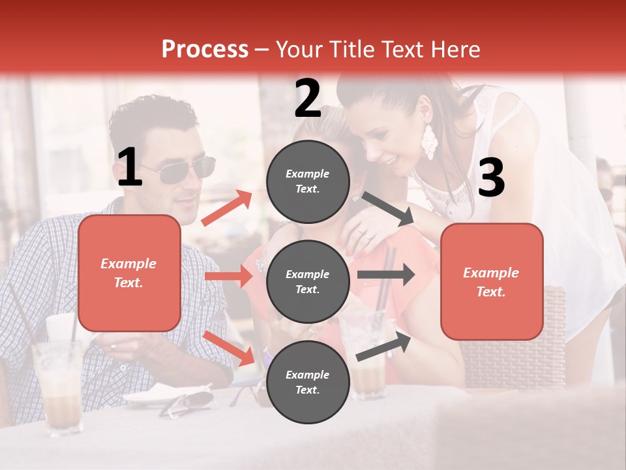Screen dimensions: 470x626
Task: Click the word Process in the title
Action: [x=205, y=50]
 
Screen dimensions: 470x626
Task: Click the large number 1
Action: [x=129, y=168]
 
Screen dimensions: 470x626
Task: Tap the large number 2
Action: [x=308, y=99]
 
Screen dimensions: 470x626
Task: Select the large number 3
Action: [x=491, y=178]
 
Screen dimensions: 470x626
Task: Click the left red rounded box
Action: [x=129, y=273]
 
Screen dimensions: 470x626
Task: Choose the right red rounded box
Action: [x=492, y=281]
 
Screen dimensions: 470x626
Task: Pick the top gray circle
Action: [x=308, y=181]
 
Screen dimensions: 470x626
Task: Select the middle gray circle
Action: [x=308, y=281]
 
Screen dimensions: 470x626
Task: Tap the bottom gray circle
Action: [x=308, y=382]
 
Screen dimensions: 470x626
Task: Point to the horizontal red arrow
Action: [x=228, y=276]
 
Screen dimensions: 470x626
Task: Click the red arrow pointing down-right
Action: [x=228, y=348]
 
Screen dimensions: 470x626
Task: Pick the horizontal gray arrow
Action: [x=385, y=275]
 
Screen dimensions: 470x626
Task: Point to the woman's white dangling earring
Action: [x=428, y=142]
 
